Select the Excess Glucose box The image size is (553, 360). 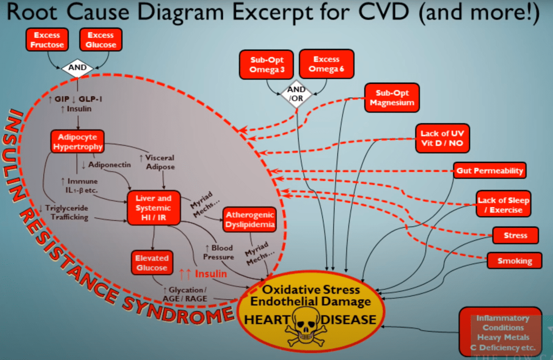101,39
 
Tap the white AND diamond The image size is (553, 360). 77,69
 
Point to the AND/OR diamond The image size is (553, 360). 297,94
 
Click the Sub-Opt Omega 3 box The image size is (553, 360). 267,64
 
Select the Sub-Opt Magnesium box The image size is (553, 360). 391,98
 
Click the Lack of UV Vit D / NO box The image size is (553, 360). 442,138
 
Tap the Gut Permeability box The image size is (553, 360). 490,171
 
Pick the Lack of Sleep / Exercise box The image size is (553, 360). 503,205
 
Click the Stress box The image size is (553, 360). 515,236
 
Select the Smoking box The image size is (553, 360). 515,261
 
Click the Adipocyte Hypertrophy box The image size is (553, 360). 77,142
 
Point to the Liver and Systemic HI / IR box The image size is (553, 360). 154,208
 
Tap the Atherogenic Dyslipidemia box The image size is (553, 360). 250,219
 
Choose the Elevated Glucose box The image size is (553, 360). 152,263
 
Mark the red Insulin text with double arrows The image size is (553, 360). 203,274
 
